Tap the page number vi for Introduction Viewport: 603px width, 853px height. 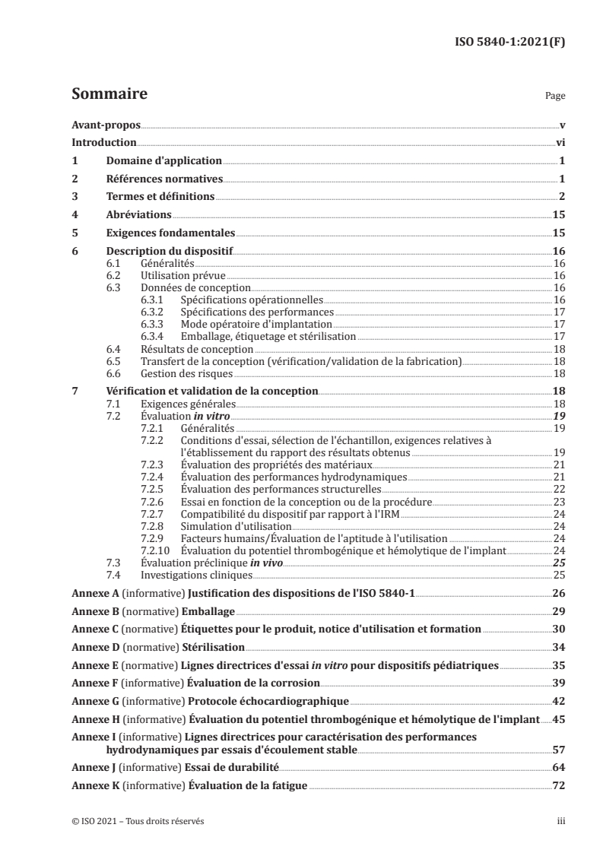[559, 142]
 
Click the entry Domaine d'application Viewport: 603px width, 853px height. [163, 160]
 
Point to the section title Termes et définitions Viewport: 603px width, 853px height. [160, 197]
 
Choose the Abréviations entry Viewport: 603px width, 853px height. [138, 215]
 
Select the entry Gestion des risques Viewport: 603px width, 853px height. [187, 374]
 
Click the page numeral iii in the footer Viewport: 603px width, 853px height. [559, 821]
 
